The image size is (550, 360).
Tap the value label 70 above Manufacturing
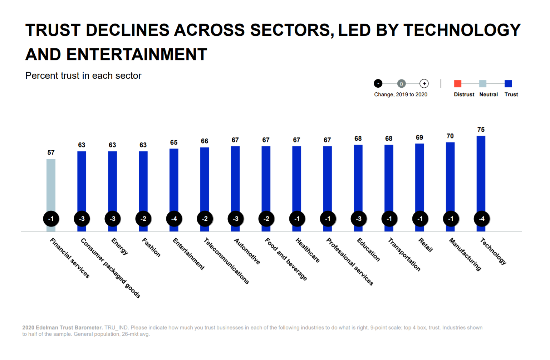[x=450, y=136]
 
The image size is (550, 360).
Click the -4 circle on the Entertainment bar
[x=174, y=219]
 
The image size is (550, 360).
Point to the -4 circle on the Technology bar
[x=481, y=219]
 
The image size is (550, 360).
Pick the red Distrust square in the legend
[x=457, y=84]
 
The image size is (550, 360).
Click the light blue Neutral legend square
[x=482, y=84]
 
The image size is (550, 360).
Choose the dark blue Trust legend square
[x=508, y=84]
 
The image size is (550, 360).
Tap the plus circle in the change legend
[x=424, y=84]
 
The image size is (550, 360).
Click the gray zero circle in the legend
[x=401, y=84]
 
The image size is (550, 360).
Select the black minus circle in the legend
[x=378, y=84]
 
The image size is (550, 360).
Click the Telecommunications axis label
[x=226, y=261]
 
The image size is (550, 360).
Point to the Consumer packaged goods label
[x=110, y=268]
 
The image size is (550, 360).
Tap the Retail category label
[x=426, y=245]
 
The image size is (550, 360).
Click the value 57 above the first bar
[x=51, y=152]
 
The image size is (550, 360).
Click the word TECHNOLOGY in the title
[x=462, y=30]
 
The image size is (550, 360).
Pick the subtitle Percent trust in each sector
[x=83, y=76]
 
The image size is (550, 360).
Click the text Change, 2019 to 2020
[x=401, y=94]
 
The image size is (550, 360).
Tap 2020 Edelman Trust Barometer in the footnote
[x=62, y=327]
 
